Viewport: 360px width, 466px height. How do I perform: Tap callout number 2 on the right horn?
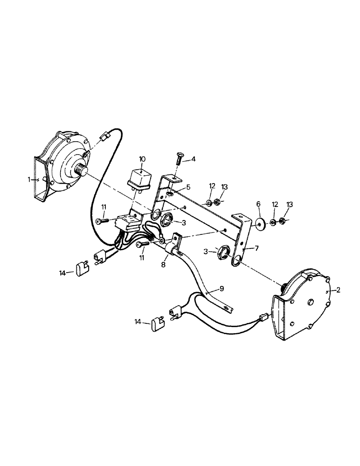tap(339, 290)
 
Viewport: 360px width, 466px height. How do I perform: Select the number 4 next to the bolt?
tap(193, 159)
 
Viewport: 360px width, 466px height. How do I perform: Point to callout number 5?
tap(188, 187)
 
